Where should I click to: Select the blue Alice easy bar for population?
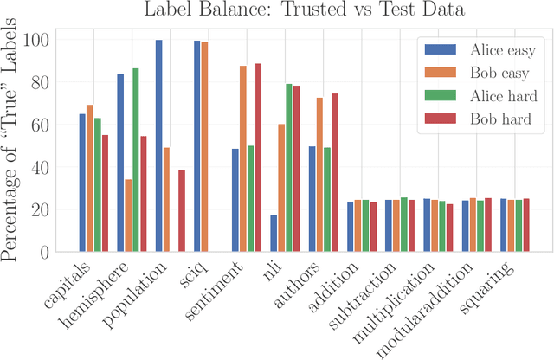point(158,146)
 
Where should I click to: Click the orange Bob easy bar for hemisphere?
point(128,215)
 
